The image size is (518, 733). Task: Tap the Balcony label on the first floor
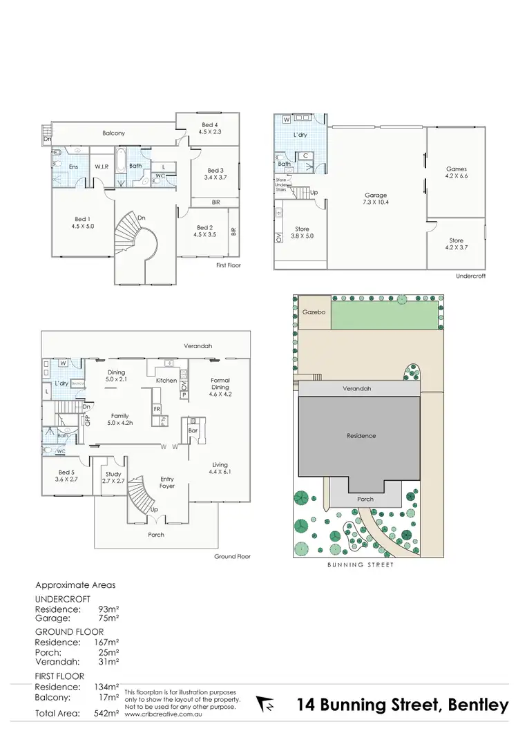[113, 133]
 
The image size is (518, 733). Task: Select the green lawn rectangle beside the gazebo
[385, 313]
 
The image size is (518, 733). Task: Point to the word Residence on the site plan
[361, 436]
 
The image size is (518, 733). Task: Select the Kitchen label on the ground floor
[166, 381]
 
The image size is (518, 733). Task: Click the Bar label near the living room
[193, 430]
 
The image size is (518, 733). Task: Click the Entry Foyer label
[166, 482]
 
